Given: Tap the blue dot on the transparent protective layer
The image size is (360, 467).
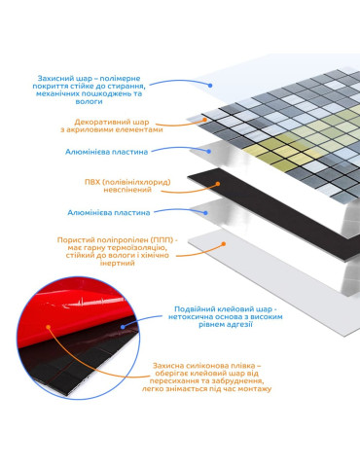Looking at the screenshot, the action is tap(210, 86).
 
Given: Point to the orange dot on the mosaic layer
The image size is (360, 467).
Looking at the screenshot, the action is tap(204, 120).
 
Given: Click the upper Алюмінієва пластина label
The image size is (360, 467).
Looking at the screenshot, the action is tap(106, 152).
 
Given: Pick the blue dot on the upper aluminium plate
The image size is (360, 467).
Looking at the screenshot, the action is tap(209, 151).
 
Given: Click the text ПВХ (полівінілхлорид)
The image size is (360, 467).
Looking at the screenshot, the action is tap(127, 182).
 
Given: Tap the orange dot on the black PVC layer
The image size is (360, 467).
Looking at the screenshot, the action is tap(218, 184).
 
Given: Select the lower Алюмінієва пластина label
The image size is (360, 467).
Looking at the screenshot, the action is tap(109, 213).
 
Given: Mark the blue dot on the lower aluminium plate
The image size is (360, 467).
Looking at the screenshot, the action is tap(205, 213).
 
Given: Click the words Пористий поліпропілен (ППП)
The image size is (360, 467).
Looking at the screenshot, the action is tap(116, 240).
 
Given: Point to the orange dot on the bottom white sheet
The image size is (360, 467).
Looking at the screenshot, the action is tap(224, 244).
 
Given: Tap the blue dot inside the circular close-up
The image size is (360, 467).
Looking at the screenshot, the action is tap(123, 327).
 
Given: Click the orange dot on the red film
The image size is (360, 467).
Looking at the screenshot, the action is tap(49, 327).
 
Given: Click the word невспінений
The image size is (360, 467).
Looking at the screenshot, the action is tap(127, 190).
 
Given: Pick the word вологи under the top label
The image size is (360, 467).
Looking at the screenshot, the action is tap(89, 101).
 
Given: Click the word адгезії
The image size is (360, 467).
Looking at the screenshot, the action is tap(240, 324).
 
